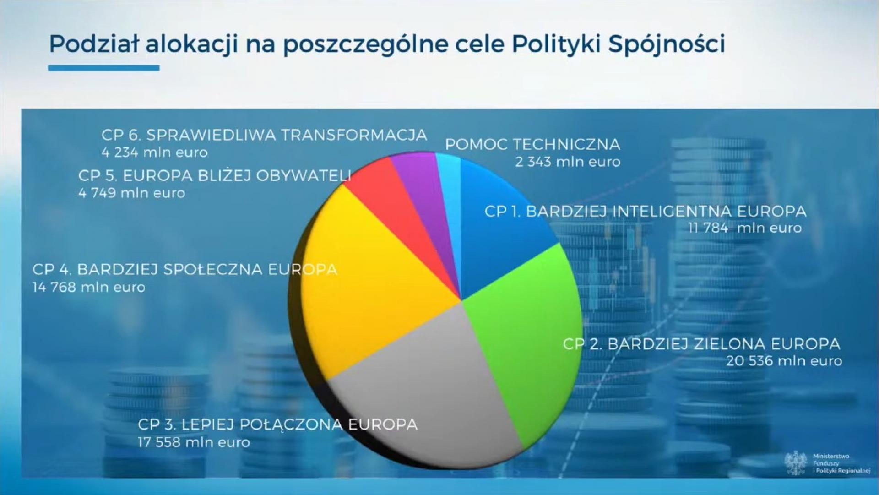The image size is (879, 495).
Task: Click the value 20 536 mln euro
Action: pyautogui.click(x=784, y=361)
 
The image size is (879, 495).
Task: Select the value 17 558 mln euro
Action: pyautogui.click(x=194, y=442)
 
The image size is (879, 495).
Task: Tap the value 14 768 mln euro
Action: pyautogui.click(x=89, y=288)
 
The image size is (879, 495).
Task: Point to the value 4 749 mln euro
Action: pyautogui.click(x=132, y=193)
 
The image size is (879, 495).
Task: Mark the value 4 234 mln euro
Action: pyautogui.click(x=155, y=152)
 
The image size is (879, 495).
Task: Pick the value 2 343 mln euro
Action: pyautogui.click(x=568, y=162)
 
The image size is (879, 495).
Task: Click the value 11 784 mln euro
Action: pyautogui.click(x=745, y=228)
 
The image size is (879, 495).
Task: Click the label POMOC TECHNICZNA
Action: pyautogui.click(x=533, y=144)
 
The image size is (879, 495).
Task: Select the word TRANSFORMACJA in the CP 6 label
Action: pyautogui.click(x=354, y=135)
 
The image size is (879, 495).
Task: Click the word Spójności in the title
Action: pyautogui.click(x=667, y=44)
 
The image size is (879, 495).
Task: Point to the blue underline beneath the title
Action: pyautogui.click(x=104, y=68)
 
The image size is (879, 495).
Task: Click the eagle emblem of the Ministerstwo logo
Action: pyautogui.click(x=796, y=463)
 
